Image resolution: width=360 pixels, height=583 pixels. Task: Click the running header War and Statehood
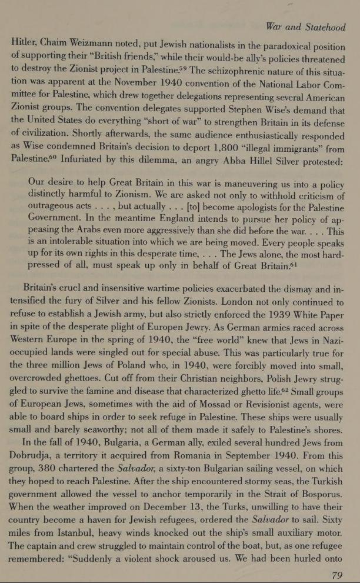click(305, 27)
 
